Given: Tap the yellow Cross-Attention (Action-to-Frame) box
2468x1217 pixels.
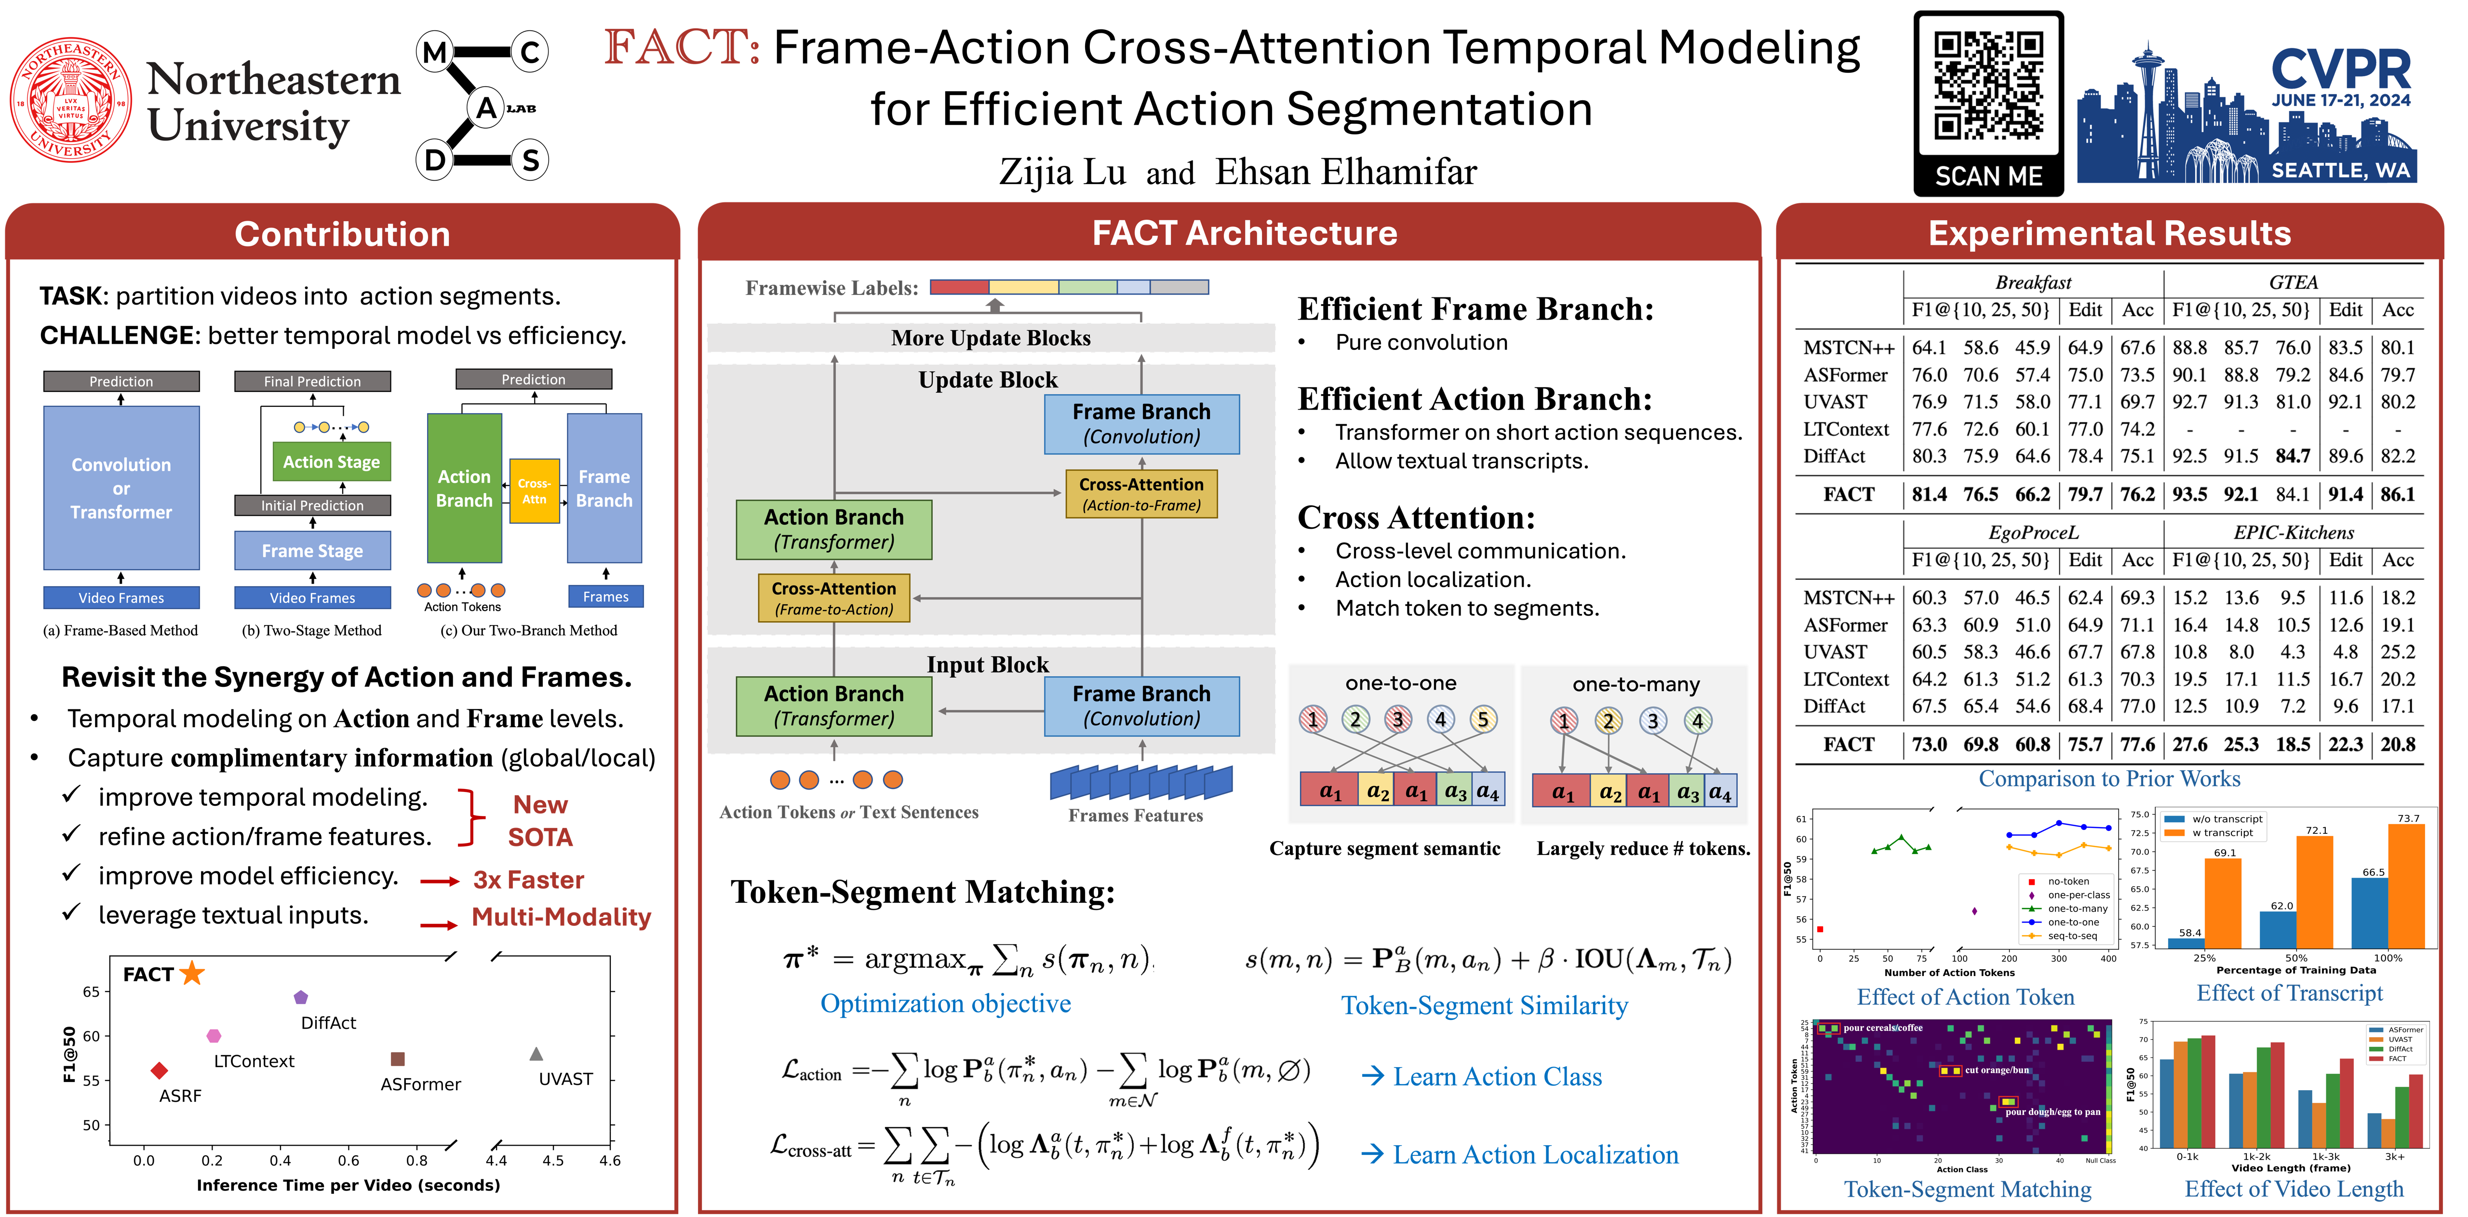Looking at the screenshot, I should click(x=1141, y=494).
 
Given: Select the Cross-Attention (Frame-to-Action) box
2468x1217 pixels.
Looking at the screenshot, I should click(x=833, y=598).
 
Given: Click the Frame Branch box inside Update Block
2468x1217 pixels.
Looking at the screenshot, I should click(x=1141, y=424).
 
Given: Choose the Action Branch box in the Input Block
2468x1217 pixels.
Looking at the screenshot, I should click(x=833, y=706).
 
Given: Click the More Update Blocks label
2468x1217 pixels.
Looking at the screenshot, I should click(x=991, y=338).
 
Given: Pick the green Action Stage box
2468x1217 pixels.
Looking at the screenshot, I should click(x=332, y=462).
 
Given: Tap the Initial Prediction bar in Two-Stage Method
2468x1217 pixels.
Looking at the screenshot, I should click(x=312, y=505).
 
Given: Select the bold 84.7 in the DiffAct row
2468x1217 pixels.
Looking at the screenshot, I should click(x=2293, y=456).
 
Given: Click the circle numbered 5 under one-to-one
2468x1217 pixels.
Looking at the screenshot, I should click(x=1482, y=720).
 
